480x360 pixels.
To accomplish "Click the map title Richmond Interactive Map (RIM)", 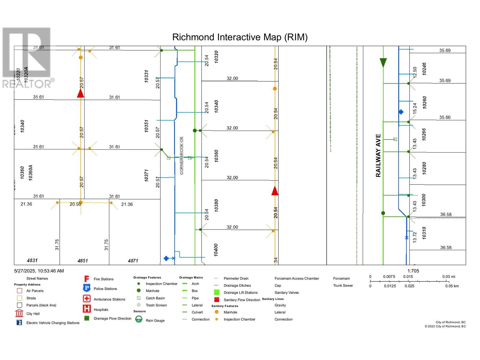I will [x=240, y=37].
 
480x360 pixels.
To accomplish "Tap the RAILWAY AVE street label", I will [x=378, y=155].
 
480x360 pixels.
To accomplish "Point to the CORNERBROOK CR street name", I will [x=181, y=155].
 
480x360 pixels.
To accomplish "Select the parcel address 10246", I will [x=424, y=69].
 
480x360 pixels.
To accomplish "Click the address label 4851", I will [x=82, y=261].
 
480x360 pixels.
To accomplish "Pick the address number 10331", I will [x=146, y=76].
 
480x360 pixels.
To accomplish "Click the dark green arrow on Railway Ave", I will [x=383, y=62].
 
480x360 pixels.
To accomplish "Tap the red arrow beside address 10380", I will [x=275, y=191].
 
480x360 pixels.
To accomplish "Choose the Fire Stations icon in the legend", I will [x=87, y=279].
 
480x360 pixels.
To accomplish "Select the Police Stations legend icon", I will [x=87, y=288].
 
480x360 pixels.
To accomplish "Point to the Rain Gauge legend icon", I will [x=139, y=319].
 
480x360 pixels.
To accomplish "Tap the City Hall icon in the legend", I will [x=19, y=313].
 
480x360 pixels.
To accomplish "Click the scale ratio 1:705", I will [x=413, y=271].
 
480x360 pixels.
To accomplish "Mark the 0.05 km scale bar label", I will [x=452, y=286].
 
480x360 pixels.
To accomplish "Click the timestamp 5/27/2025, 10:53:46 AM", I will [x=39, y=271].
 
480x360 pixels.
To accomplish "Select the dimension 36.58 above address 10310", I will [x=446, y=214].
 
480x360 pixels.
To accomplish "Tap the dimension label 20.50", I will [x=75, y=204].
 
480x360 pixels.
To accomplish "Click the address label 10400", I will [x=216, y=250].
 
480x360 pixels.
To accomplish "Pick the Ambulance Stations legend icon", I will [x=87, y=298].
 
